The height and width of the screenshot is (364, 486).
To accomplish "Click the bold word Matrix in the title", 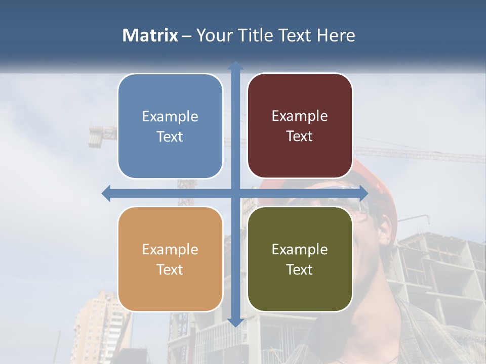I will click(x=150, y=35).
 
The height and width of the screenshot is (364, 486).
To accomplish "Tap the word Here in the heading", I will click(x=336, y=35).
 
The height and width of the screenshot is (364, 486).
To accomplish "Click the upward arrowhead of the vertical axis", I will click(x=235, y=65).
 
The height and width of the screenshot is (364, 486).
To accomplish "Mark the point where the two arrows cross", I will click(x=235, y=193).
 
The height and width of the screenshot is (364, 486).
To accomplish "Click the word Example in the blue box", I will click(x=170, y=117).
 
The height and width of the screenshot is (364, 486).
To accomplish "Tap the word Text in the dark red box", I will click(x=300, y=136).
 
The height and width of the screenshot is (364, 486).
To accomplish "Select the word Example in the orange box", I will click(x=170, y=249).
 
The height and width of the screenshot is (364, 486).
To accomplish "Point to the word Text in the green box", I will click(x=300, y=269).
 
